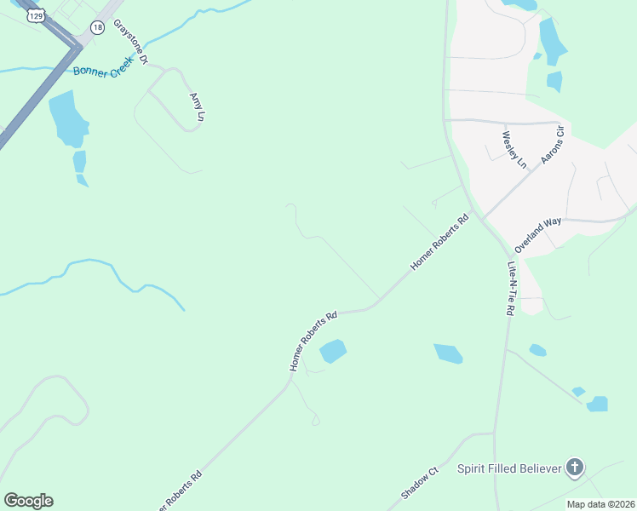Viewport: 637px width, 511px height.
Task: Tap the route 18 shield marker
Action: pyautogui.click(x=98, y=27)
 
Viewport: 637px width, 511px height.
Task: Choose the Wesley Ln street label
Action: pyautogui.click(x=515, y=149)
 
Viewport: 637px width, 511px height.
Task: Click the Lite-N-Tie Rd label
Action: pyautogui.click(x=511, y=288)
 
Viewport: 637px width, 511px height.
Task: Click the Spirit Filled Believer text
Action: pyautogui.click(x=509, y=468)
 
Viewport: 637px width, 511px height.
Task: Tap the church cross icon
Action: pyautogui.click(x=576, y=467)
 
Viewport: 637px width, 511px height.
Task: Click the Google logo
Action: pyautogui.click(x=28, y=501)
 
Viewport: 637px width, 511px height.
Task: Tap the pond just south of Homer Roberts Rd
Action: pyautogui.click(x=332, y=351)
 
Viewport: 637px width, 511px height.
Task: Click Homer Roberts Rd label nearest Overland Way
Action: pyautogui.click(x=439, y=243)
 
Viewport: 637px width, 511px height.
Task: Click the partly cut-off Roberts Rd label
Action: pyautogui.click(x=178, y=489)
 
